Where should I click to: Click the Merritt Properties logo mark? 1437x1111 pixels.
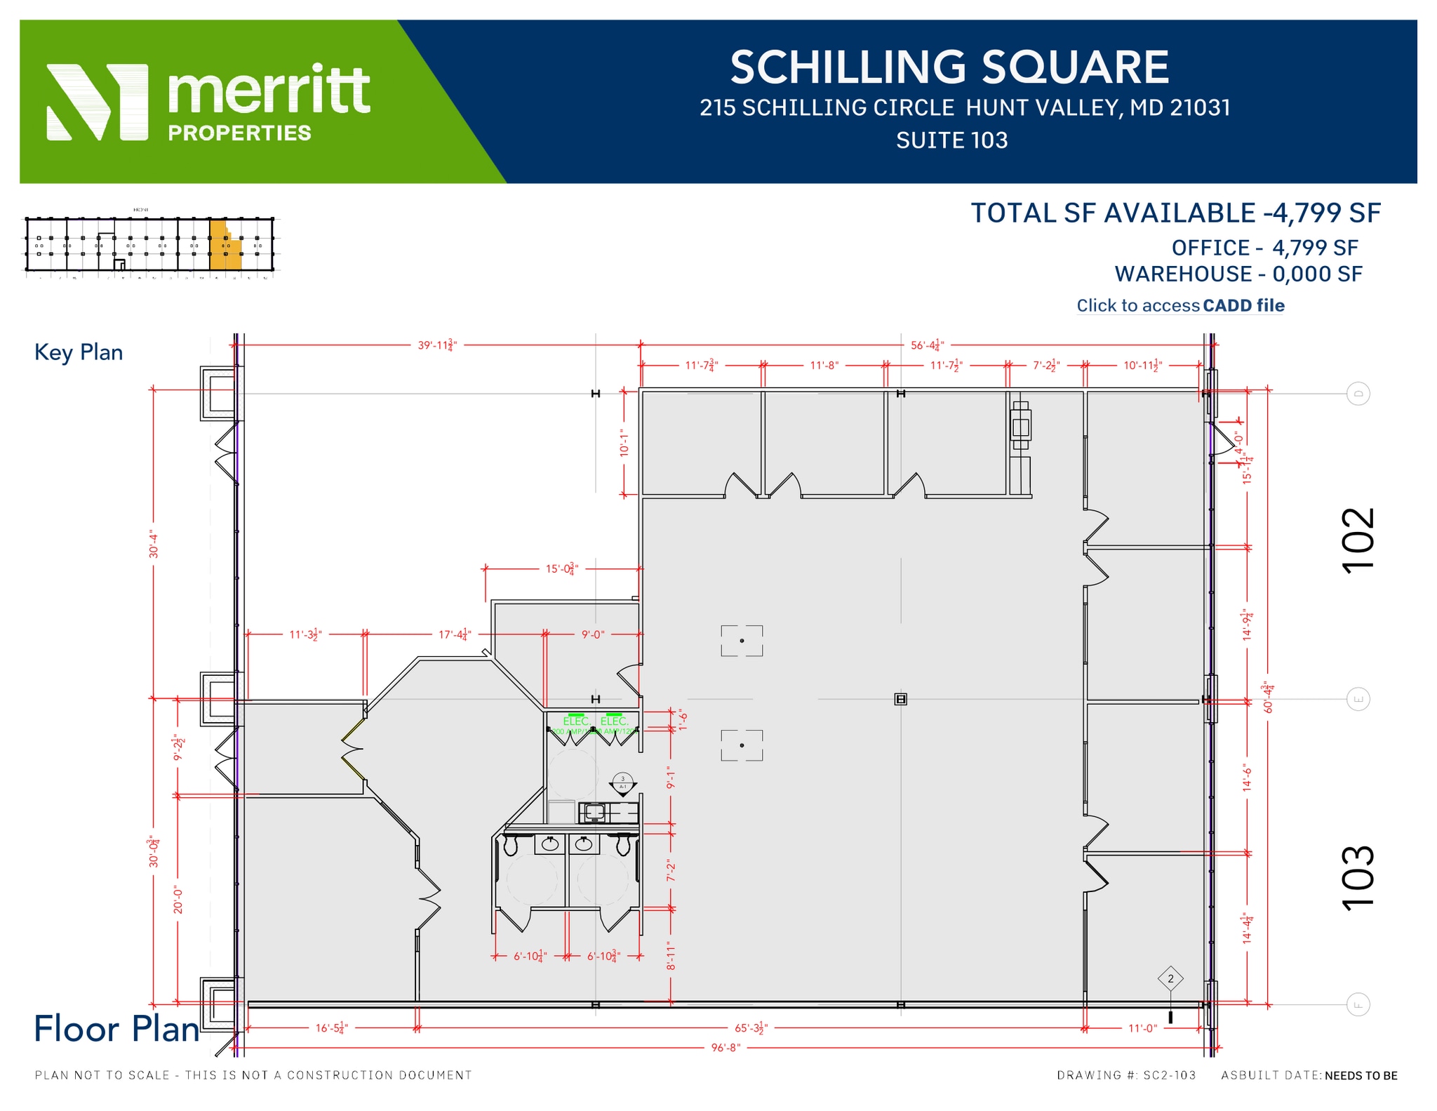[x=97, y=102]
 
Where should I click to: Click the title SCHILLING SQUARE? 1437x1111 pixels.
[x=949, y=67]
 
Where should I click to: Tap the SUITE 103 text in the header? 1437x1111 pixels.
[x=951, y=140]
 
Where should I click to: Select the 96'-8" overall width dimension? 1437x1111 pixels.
[x=726, y=1048]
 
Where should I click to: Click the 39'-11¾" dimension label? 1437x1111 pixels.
[x=437, y=345]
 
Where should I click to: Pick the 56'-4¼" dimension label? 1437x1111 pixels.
[x=928, y=345]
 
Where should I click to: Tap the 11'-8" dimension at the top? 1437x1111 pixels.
[x=824, y=365]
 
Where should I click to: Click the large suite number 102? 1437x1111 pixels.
[x=1358, y=540]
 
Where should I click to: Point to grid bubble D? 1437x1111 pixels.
[x=1358, y=394]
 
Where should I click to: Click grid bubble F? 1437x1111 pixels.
[x=1358, y=1005]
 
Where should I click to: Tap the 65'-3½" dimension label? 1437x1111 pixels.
[x=751, y=1028]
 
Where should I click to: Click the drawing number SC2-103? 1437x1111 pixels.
[x=1169, y=1075]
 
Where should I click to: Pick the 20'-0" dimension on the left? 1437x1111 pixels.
[x=178, y=900]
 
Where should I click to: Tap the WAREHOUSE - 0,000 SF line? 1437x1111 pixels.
[x=1238, y=274]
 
